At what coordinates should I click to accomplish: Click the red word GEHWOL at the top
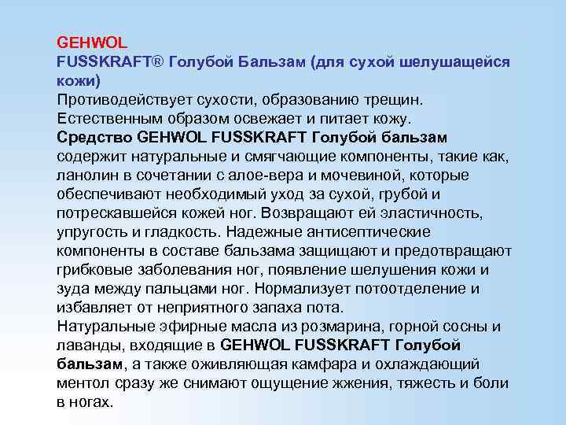(x=87, y=42)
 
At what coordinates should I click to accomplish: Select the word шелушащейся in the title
(x=458, y=61)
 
